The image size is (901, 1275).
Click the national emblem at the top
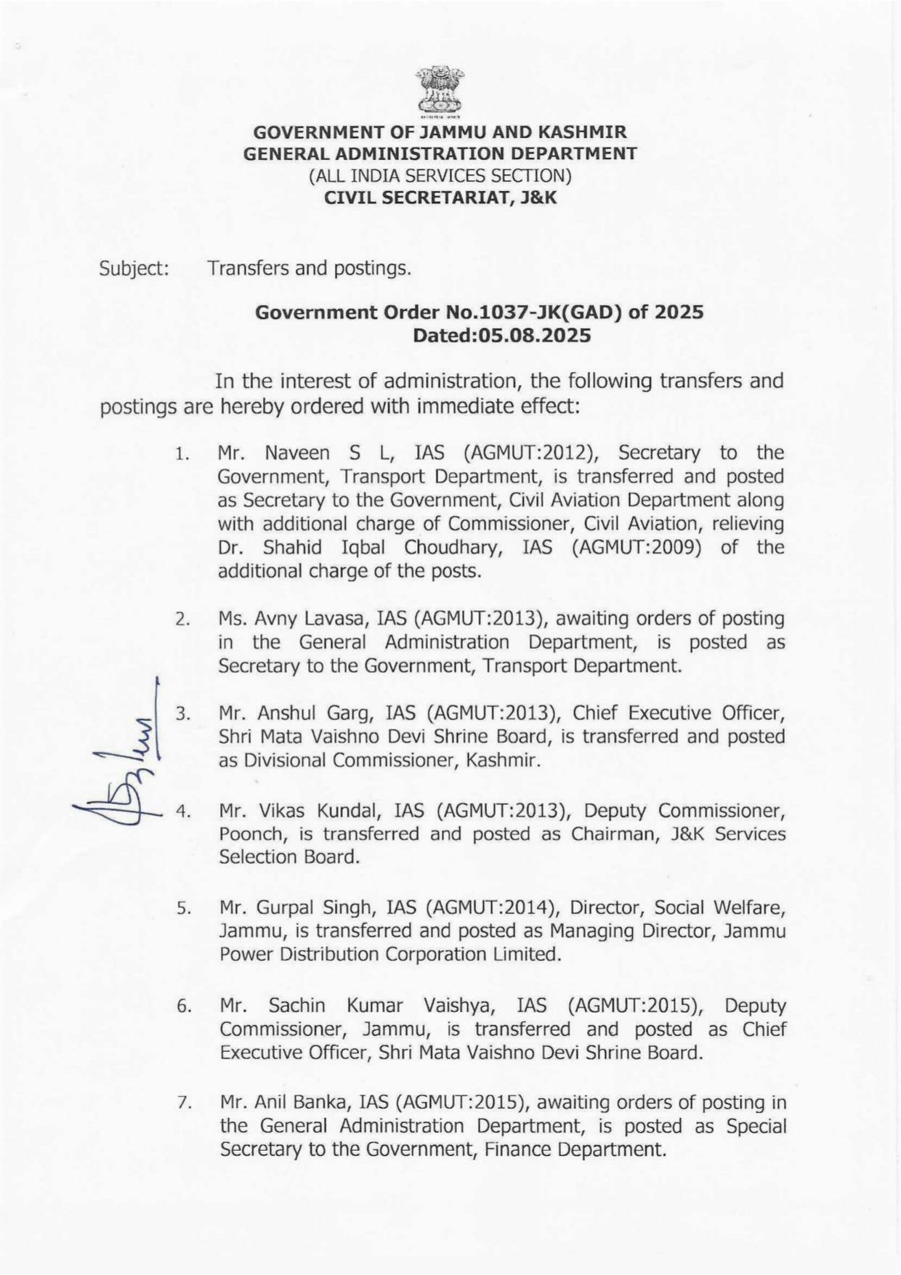point(440,92)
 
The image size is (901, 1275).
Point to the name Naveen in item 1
point(299,453)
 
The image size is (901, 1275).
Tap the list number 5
point(182,908)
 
